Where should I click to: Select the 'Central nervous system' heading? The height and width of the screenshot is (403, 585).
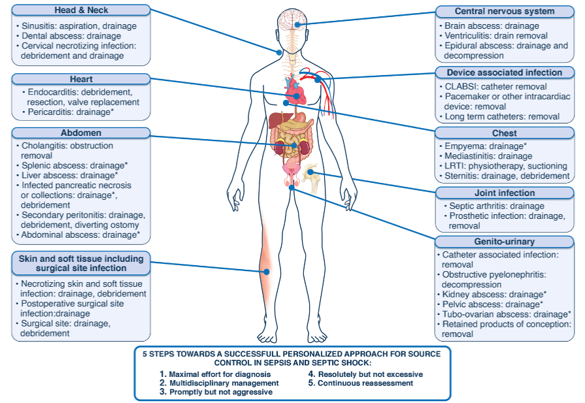[x=504, y=11]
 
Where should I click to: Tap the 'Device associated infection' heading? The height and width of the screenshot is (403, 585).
[x=504, y=73]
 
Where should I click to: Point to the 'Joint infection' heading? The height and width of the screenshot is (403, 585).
[x=504, y=193]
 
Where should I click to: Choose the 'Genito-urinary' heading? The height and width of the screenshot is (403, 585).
[x=504, y=242]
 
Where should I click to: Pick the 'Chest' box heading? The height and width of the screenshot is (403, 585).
[x=504, y=133]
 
